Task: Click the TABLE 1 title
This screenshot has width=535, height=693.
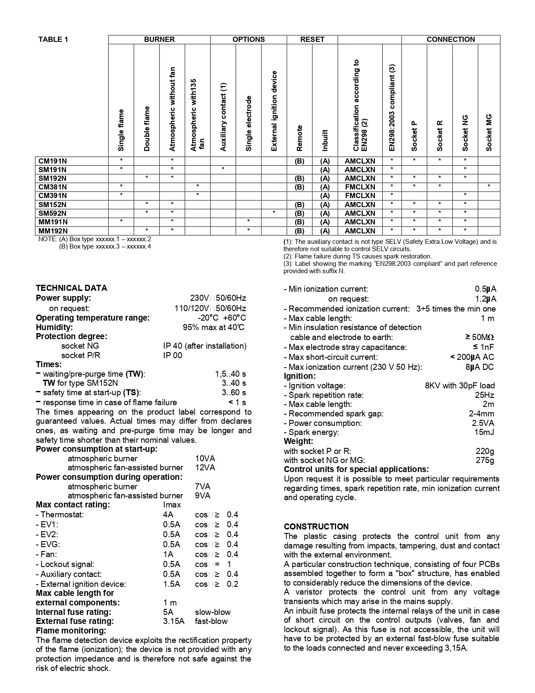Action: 53,40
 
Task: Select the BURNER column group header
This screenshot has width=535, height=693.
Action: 159,39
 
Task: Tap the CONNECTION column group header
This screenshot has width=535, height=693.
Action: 450,39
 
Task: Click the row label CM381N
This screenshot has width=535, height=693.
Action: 53,187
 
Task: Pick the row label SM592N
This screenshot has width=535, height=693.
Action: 53,213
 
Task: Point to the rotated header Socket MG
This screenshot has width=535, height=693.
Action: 489,132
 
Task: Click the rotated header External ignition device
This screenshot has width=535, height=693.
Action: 274,111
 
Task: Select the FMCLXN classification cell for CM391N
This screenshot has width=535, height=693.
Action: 360,195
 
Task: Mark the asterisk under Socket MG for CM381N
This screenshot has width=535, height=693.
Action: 489,186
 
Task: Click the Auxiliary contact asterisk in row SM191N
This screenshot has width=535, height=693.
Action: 223,169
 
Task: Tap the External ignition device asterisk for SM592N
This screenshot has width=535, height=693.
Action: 274,213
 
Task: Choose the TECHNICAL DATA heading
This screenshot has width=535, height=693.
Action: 72,288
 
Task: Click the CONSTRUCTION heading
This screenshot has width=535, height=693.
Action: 316,526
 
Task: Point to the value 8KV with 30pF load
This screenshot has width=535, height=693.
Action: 459,385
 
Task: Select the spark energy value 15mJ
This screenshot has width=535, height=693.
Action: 484,432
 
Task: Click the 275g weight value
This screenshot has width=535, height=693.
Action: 485,460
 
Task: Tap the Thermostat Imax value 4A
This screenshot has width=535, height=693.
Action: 168,514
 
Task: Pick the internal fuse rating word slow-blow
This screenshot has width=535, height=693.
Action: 213,612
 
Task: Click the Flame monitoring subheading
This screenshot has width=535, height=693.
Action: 71,630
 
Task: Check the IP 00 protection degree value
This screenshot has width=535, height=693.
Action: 173,355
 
